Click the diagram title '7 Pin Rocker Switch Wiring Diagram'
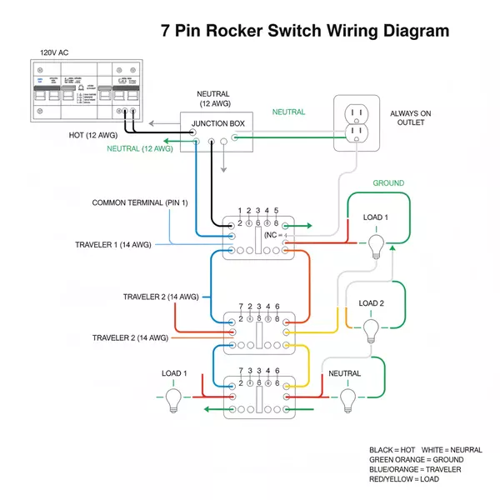(x=304, y=31)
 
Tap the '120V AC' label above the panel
(x=55, y=52)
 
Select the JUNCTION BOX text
(x=218, y=124)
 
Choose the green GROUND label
(x=387, y=183)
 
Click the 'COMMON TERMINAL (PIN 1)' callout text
(x=140, y=202)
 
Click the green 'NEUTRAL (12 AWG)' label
(x=139, y=148)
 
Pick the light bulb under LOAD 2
(x=371, y=331)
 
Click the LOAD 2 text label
(x=371, y=303)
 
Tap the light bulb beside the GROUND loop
(x=376, y=245)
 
